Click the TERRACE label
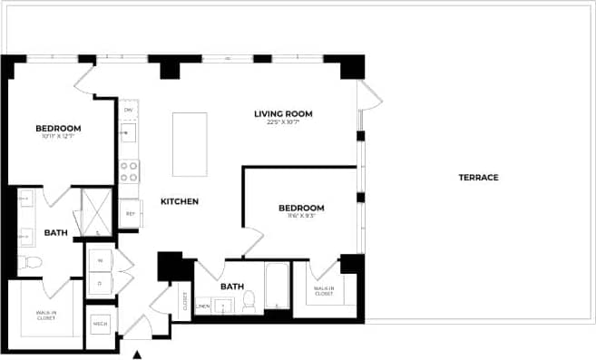tap(478, 177)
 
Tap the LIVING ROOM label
tap(283, 113)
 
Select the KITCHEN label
tap(180, 201)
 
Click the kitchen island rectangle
tap(190, 144)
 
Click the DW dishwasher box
tap(129, 109)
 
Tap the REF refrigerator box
tap(130, 214)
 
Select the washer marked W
tap(99, 259)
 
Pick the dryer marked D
tap(99, 283)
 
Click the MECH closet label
tap(100, 324)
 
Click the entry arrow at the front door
tap(138, 355)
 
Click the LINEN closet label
tap(203, 306)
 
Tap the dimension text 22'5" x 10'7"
tap(283, 122)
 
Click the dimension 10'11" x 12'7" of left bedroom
tap(58, 137)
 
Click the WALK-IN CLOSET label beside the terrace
tap(324, 291)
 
